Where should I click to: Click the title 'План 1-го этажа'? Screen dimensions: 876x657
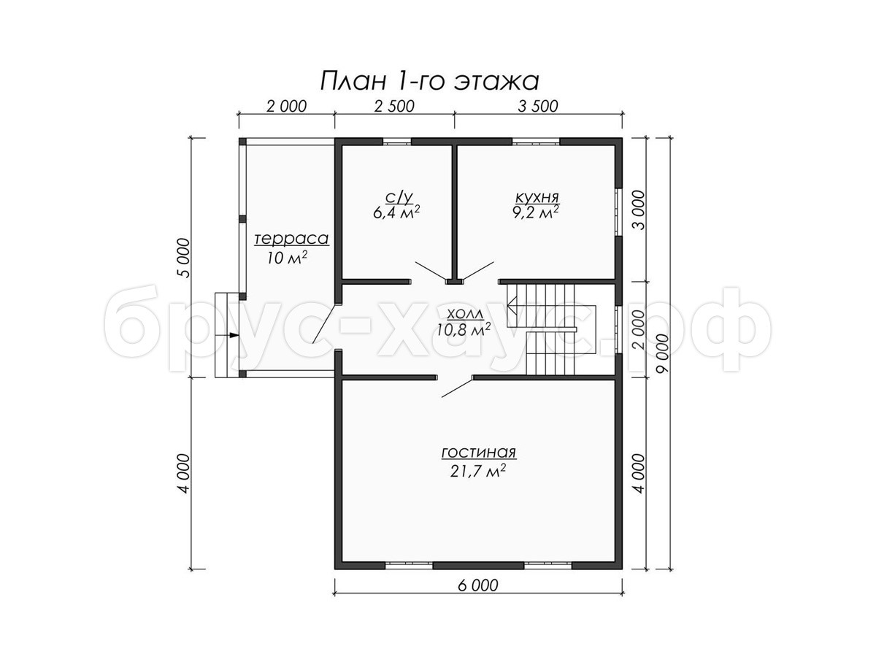429,81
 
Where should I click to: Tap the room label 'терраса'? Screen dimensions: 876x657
292,239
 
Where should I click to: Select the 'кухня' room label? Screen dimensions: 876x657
537,197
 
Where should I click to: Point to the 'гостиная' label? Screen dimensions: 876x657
478,453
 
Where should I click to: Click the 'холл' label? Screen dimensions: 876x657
465,314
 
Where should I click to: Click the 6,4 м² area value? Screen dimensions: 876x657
396,212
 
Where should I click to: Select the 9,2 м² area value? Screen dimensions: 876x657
535,212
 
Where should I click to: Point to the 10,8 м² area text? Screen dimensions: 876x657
464,329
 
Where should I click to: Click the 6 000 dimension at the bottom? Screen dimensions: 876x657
477,585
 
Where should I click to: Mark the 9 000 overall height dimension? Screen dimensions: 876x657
663,353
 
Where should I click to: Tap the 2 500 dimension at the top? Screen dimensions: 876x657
394,106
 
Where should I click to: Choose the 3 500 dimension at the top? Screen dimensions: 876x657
538,106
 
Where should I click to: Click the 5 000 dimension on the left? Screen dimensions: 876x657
185,258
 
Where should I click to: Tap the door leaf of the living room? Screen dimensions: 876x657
458,388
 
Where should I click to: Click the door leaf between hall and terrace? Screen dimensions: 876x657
326,323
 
